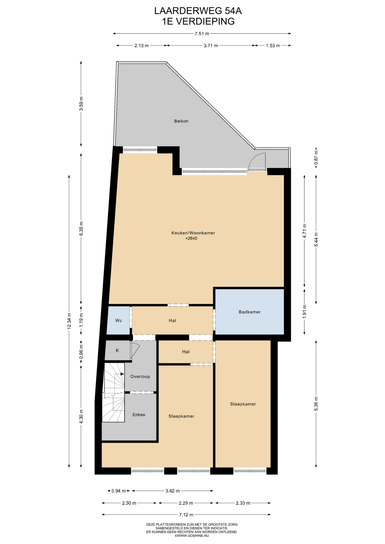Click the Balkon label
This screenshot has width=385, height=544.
pos(181,121)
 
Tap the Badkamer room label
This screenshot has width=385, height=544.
pos(249,312)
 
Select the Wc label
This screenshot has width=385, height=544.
pos(119,320)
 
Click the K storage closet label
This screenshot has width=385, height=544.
pos(117,350)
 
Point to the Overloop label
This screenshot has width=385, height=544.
pos(140,377)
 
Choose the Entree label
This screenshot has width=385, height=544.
pos(139,415)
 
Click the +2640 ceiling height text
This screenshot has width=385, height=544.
pos(191,239)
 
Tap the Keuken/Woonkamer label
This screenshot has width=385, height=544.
pos(193,233)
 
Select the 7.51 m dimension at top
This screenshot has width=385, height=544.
pos(202,34)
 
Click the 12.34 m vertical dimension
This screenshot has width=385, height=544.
pos(69,321)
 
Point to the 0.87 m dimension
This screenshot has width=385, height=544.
pos(316,156)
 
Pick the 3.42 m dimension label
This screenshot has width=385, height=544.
pos(173,491)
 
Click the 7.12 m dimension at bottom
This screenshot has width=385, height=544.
pos(186,515)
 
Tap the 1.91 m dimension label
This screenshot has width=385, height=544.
pos(304,311)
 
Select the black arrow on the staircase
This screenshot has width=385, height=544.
pos(122,374)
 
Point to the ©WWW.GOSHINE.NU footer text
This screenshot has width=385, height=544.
pos(192,535)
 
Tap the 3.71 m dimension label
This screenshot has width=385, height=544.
pos(211,45)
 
